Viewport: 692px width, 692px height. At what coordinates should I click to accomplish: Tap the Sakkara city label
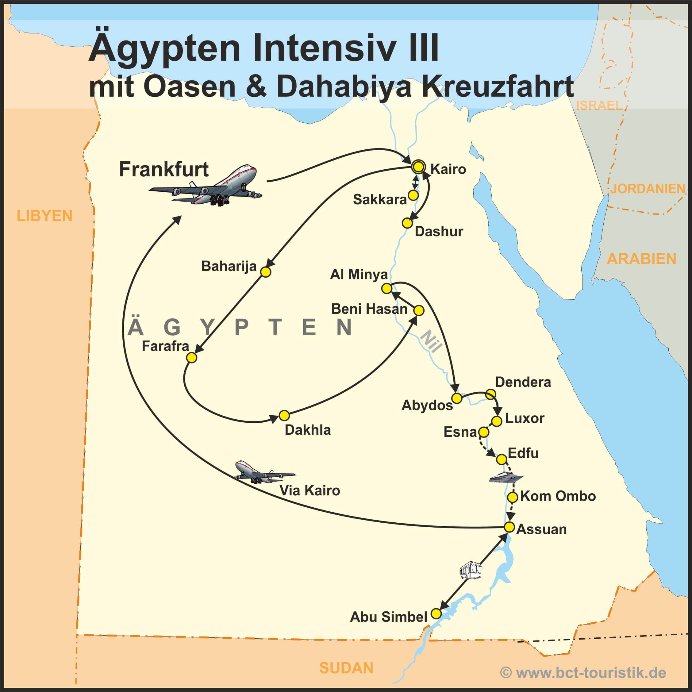click(380, 199)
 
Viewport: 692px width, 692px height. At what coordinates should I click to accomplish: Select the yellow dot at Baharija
click(265, 272)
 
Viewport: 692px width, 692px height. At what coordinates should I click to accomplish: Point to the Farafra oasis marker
click(192, 357)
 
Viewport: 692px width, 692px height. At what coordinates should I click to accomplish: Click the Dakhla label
click(307, 430)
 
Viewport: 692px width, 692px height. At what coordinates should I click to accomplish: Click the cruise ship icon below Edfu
click(506, 477)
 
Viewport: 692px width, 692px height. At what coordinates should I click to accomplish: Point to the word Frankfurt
click(164, 169)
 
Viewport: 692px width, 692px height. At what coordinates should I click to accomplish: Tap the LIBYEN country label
click(44, 216)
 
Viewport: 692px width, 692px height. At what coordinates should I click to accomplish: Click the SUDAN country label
click(346, 668)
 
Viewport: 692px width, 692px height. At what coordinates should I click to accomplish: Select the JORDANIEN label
click(647, 189)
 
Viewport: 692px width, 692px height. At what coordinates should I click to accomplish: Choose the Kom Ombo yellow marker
click(513, 497)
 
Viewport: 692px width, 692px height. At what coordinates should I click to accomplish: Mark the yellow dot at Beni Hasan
click(419, 310)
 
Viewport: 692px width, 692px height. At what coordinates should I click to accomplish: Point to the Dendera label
click(523, 382)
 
